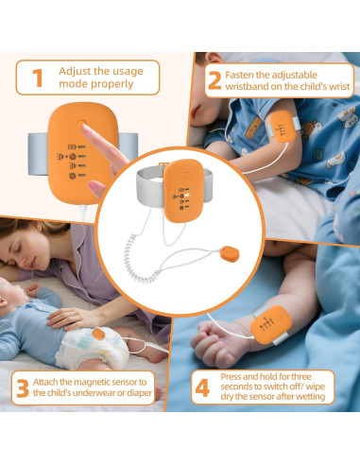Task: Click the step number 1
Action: point(38,77)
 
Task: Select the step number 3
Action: point(21,387)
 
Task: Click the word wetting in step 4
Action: point(308,397)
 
